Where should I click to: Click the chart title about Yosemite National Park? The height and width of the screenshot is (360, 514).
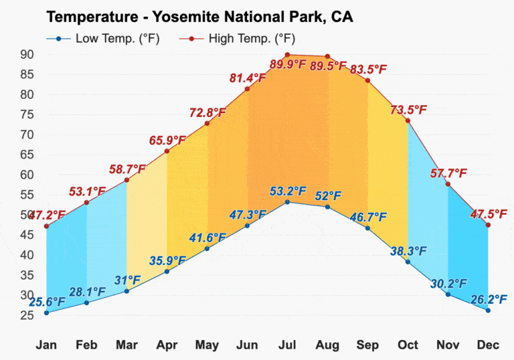pos(199,17)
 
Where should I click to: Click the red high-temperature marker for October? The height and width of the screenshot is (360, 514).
pos(408,120)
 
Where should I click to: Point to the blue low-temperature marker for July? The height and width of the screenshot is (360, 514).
pos(287,202)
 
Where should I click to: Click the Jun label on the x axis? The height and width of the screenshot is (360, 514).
pos(247,345)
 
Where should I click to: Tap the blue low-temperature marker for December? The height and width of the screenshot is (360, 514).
pos(488,310)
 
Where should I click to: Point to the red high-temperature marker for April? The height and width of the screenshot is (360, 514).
pos(167,151)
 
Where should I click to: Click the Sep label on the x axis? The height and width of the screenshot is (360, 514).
pos(367,345)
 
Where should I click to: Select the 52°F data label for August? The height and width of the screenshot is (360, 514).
pos(327,196)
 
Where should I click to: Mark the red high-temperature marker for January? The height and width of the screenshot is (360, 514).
pos(46,226)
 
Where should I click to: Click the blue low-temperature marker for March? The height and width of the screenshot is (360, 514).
pos(126,291)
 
